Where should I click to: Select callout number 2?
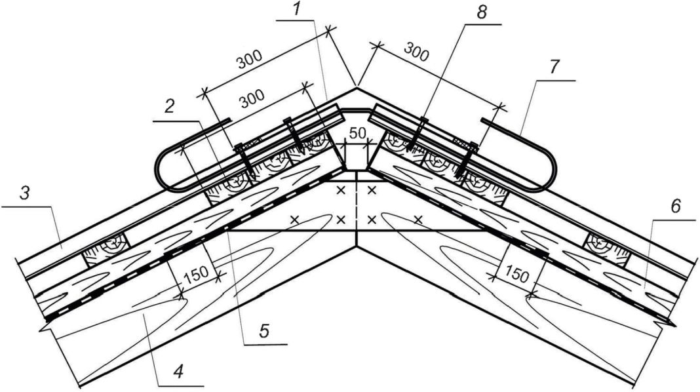pos(170,107)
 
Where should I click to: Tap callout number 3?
pos(25,194)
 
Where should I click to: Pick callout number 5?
pos(264,331)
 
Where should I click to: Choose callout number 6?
pos(676,206)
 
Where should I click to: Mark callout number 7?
pos(554,66)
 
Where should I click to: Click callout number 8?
pos(481,12)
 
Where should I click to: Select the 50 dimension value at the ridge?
pos(357,133)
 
